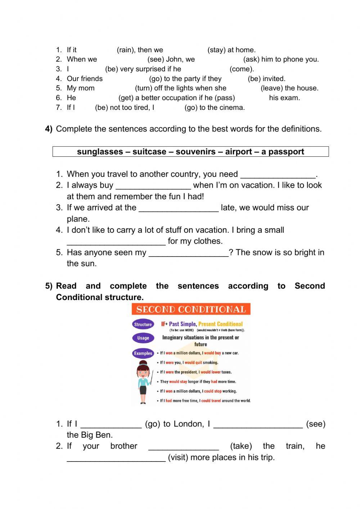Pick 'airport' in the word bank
[239, 152]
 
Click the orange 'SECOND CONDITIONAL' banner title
[191, 309]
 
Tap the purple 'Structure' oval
[143, 324]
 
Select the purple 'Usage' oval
[143, 338]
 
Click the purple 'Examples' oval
[143, 353]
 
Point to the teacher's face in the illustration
[143, 370]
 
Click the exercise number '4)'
[49, 129]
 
